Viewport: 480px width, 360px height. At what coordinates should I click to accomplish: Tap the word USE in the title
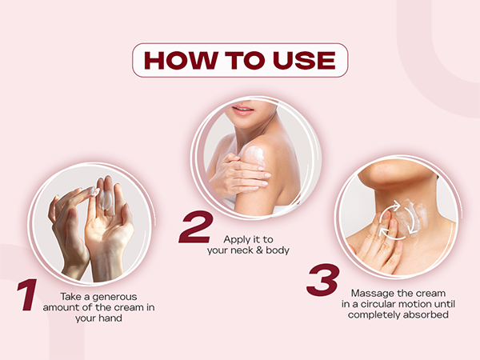pyautogui.click(x=304, y=60)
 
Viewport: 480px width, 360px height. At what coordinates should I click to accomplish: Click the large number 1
pyautogui.click(x=27, y=294)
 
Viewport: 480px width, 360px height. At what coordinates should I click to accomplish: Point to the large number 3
pyautogui.click(x=323, y=280)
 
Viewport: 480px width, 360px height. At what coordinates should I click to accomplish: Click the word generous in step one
pyautogui.click(x=114, y=298)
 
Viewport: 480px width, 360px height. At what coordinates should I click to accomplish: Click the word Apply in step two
pyautogui.click(x=235, y=240)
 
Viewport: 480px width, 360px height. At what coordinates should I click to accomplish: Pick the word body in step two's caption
pyautogui.click(x=278, y=250)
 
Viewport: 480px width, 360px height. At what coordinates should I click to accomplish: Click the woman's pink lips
pyautogui.click(x=242, y=110)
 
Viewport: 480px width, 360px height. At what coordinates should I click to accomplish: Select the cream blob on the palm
pyautogui.click(x=106, y=199)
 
